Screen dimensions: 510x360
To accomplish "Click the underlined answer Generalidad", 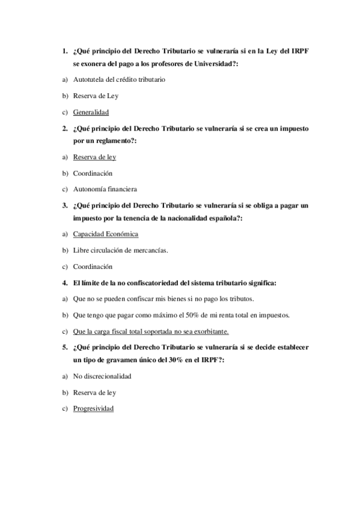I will point(91,111).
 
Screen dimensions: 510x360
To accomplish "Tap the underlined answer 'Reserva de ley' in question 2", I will point(94,157).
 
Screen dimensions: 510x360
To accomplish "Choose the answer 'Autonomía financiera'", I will point(105,188).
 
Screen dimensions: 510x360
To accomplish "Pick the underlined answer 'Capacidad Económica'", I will point(105,234).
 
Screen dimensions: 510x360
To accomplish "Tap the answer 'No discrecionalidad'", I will point(102,376).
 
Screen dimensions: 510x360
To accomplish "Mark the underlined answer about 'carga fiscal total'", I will point(150,331).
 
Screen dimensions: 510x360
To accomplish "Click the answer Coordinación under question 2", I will point(93,173).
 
